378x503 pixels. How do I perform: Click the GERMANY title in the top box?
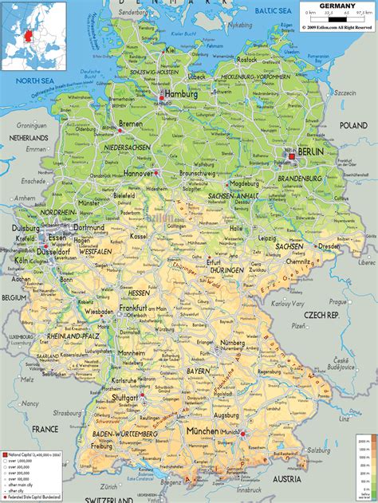pyautogui.click(x=338, y=6)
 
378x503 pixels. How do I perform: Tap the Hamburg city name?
pyautogui.click(x=180, y=93)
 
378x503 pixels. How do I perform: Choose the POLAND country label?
pyautogui.click(x=352, y=125)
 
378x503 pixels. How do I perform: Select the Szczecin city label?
pyautogui.click(x=345, y=93)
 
